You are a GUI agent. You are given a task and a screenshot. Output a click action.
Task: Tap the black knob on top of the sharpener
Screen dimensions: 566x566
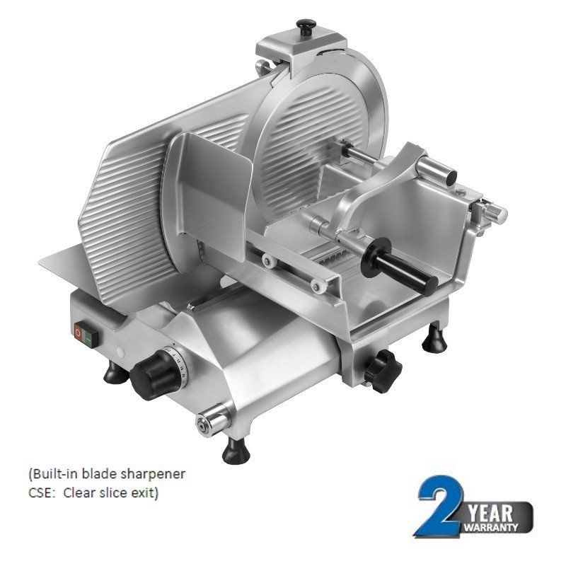click(x=307, y=28)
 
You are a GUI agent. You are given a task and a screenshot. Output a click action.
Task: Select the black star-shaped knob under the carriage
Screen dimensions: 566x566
click(x=383, y=368)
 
